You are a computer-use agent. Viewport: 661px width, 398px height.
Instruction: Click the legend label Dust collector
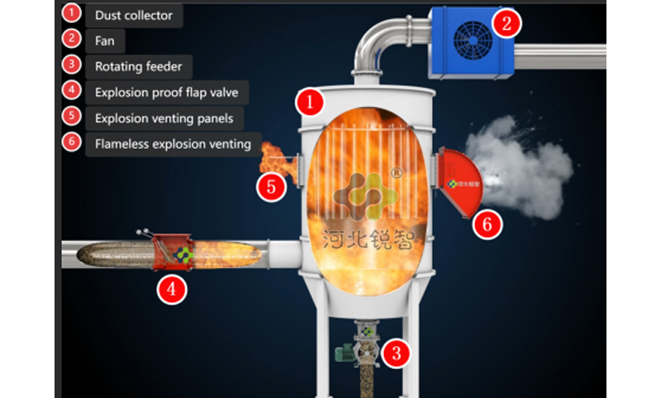point(135,15)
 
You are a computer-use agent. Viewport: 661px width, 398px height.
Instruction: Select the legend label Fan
point(105,40)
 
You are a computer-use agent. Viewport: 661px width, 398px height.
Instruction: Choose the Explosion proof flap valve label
point(166,92)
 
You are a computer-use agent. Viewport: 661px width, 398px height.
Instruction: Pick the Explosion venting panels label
point(164,118)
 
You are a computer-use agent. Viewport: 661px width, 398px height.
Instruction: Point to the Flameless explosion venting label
point(173,144)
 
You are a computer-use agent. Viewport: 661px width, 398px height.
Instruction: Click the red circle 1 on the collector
point(309,103)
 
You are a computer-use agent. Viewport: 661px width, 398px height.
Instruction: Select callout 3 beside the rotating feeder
point(398,354)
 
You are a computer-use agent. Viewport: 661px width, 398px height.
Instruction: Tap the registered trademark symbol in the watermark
point(397,173)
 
